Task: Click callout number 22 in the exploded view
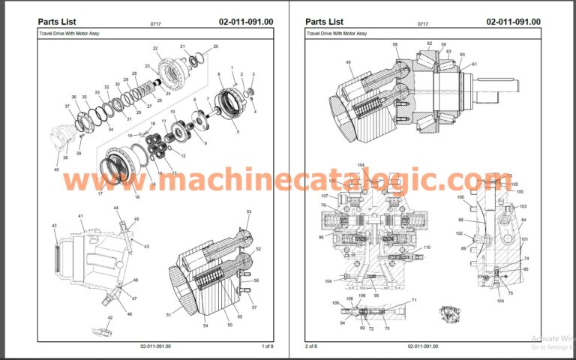[x=155, y=49]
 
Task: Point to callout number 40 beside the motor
[x=55, y=169]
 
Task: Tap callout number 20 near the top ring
[x=216, y=46]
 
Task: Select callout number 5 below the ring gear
[x=238, y=132]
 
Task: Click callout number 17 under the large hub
[x=100, y=193]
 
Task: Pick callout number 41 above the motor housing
[x=80, y=216]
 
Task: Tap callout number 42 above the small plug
[x=109, y=318]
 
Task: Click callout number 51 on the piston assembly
[x=168, y=314]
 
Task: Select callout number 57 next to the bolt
[x=254, y=307]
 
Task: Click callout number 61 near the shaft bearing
[x=474, y=64]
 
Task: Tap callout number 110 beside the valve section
[x=427, y=247]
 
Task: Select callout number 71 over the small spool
[x=414, y=300]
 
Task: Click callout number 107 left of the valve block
[x=314, y=196]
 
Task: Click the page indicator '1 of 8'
[x=267, y=346]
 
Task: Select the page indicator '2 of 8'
[x=311, y=346]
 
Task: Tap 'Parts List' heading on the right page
[x=325, y=21]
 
